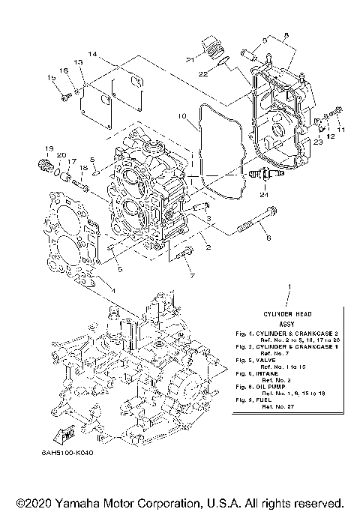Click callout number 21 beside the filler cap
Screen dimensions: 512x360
[191, 60]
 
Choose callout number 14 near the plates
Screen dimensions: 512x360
[91, 55]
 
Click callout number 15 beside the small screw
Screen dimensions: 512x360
[52, 78]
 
